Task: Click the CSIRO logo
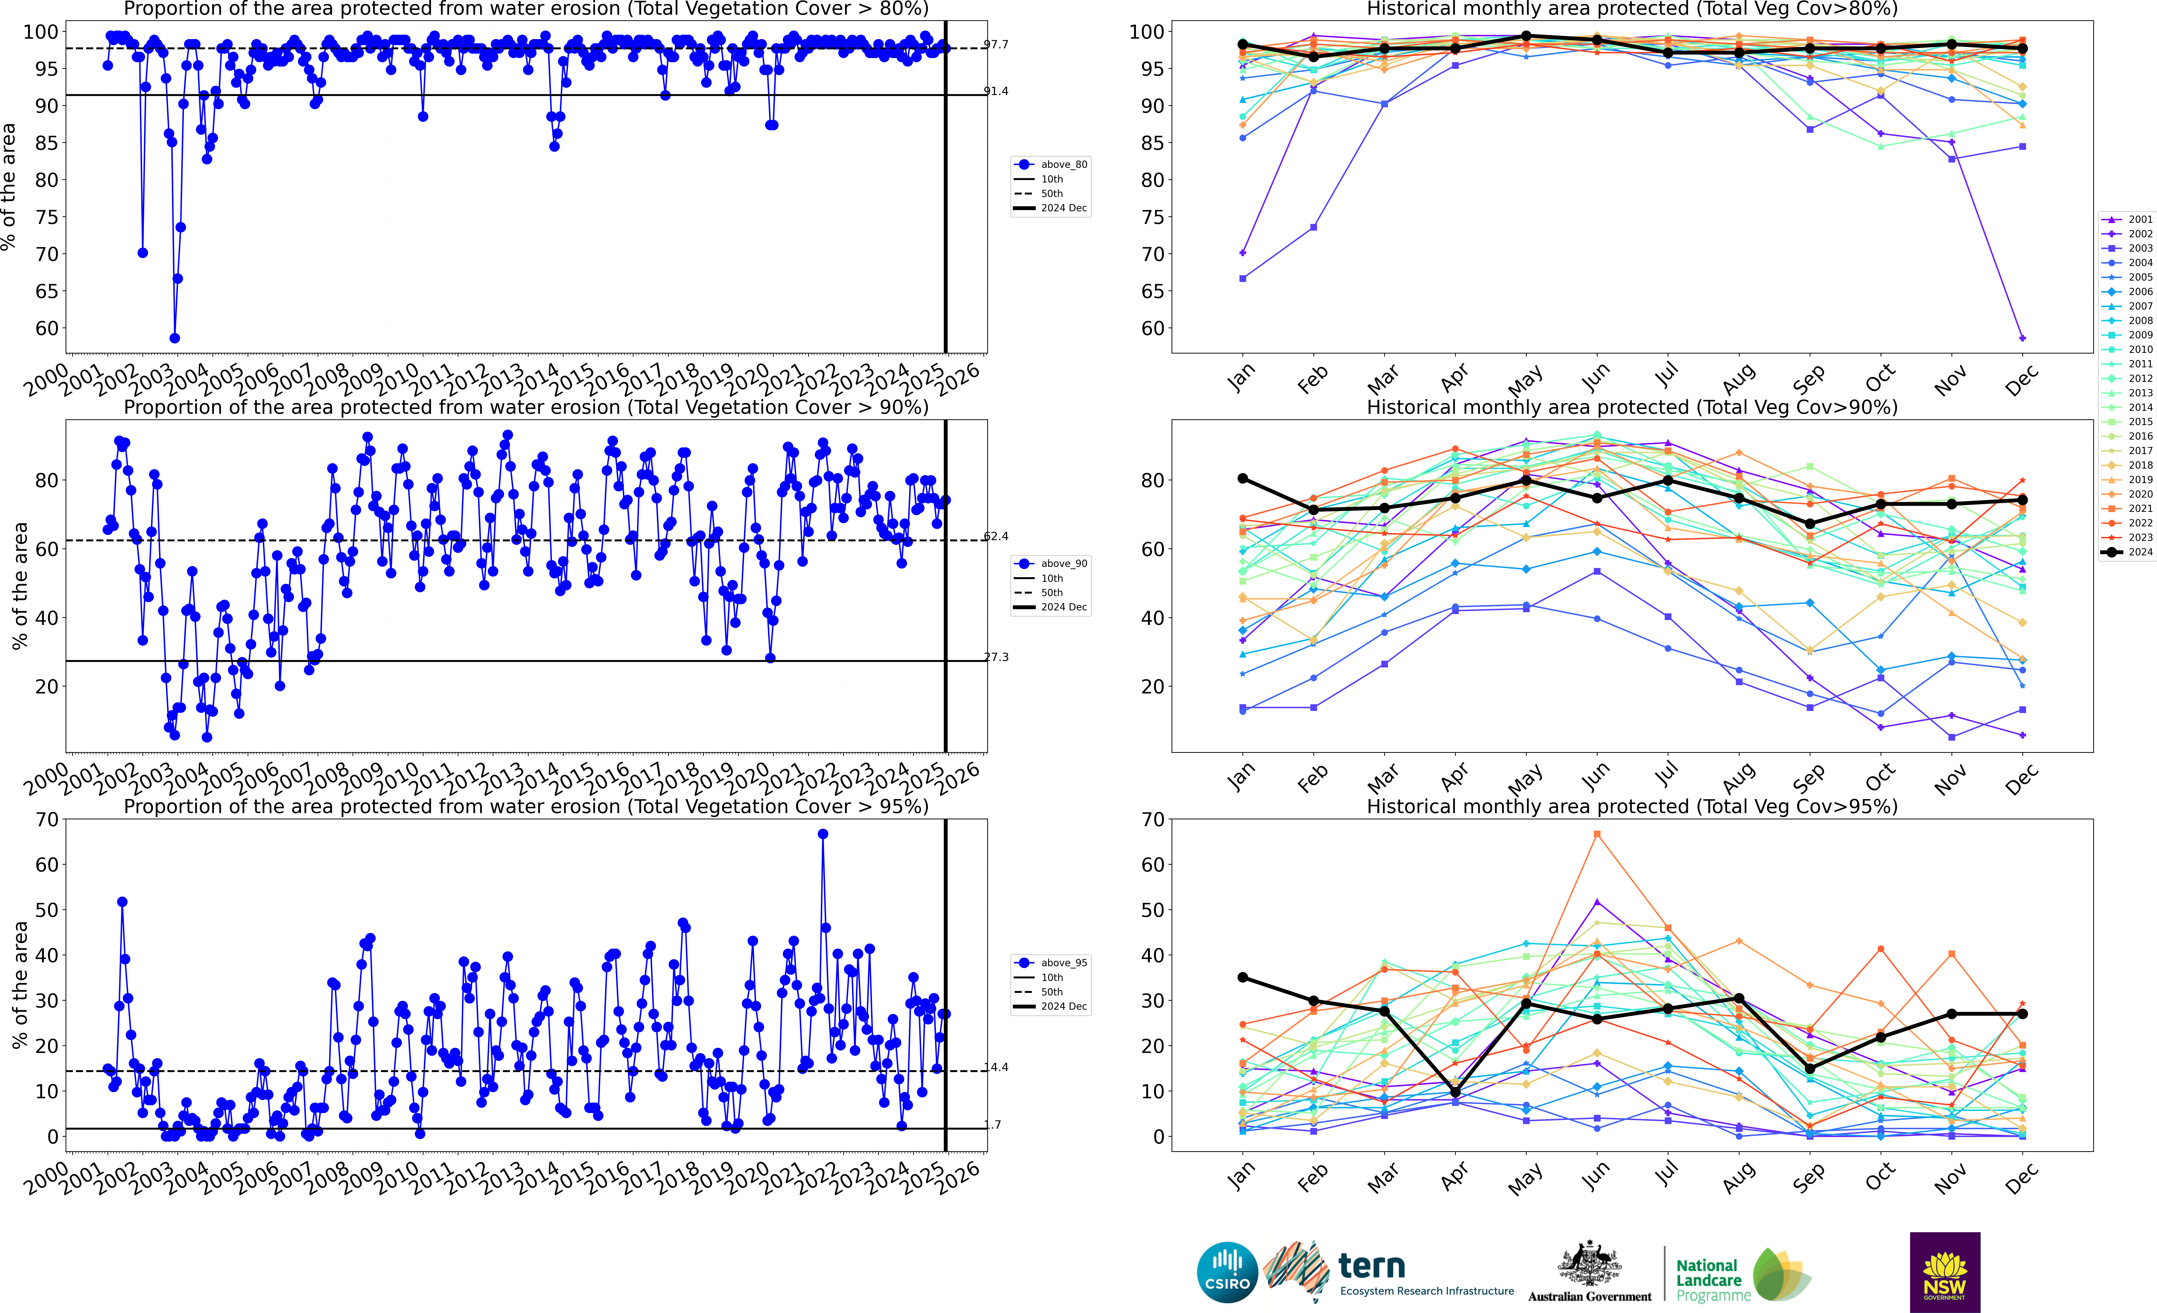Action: point(1227,1272)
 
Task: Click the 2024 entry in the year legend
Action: point(2127,552)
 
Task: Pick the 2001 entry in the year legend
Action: point(2127,220)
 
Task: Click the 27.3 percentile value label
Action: point(996,657)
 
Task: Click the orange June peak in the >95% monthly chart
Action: point(1597,834)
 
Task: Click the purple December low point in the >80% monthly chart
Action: point(2022,338)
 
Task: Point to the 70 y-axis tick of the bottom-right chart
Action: point(1154,820)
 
